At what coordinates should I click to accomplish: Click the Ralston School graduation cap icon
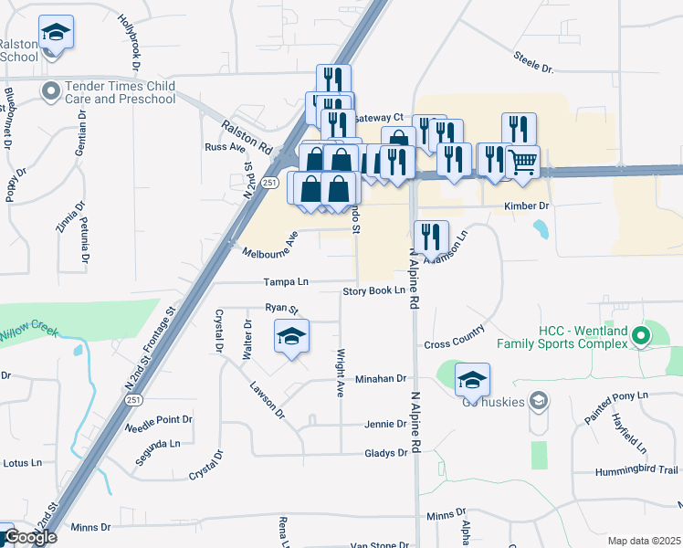[x=57, y=34]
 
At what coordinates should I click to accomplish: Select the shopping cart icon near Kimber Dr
[x=522, y=163]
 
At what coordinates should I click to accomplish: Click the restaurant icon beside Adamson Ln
[x=431, y=237]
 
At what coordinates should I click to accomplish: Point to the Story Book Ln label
[x=373, y=290]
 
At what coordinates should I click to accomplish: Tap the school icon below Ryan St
[x=291, y=337]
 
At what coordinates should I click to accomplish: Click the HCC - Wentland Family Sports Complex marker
[x=641, y=336]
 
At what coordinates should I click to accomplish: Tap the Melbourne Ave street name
[x=271, y=247]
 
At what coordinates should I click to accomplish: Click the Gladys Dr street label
[x=385, y=453]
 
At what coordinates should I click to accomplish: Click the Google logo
[x=30, y=536]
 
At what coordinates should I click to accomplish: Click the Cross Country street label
[x=454, y=343]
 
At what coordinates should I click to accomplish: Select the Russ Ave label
[x=226, y=147]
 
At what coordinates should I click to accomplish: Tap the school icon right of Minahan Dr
[x=472, y=380]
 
